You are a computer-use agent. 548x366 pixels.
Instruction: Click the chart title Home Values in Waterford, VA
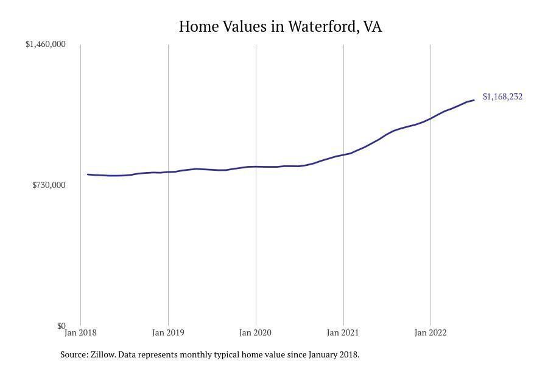point(280,27)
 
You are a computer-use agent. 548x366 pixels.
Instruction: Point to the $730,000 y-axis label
point(49,185)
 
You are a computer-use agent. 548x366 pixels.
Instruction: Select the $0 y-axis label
point(61,326)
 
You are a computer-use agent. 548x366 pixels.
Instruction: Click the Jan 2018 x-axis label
point(80,332)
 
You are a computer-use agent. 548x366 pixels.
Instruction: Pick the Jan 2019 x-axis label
point(168,332)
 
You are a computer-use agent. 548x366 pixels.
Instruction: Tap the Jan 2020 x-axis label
point(256,332)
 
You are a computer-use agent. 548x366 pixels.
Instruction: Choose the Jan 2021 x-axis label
point(343,332)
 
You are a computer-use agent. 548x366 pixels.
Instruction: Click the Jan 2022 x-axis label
point(430,332)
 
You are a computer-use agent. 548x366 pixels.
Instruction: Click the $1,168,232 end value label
point(502,96)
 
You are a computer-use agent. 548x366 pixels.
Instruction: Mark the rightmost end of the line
point(474,100)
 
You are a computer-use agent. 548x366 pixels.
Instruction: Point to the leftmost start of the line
point(88,174)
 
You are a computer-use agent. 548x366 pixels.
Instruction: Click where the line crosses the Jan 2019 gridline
point(168,172)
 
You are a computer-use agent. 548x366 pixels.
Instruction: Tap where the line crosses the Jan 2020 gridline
point(256,167)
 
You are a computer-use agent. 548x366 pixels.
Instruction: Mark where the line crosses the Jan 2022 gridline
point(430,118)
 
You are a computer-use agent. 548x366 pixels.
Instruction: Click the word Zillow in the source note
point(102,354)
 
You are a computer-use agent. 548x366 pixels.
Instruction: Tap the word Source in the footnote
point(73,354)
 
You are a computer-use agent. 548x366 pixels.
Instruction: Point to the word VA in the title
point(372,27)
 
